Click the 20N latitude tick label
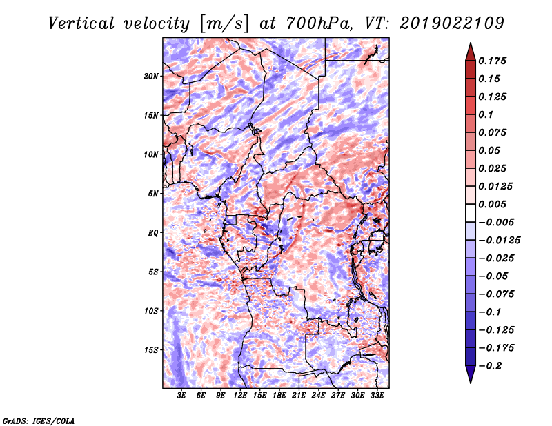151,77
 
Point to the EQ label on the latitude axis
153,233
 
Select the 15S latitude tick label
151,350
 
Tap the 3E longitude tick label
181,396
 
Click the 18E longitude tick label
279,396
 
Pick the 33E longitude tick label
377,396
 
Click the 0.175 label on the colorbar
492,61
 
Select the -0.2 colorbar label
490,366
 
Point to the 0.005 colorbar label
492,204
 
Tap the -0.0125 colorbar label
499,241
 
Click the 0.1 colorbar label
486,114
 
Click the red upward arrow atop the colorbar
471,52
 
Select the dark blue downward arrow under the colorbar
471,374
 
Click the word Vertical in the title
81,23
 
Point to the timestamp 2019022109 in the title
452,23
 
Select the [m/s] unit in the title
224,24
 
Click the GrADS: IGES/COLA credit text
39,421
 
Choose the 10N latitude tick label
151,155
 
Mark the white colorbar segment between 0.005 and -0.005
471,213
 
